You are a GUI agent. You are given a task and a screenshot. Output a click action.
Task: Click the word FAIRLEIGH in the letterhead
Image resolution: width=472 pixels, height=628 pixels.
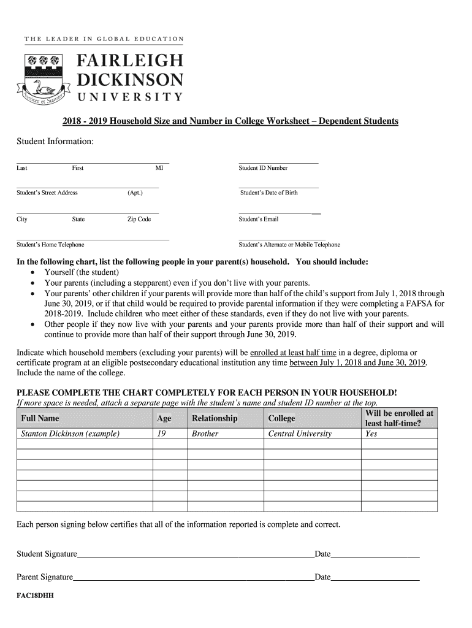[130, 61]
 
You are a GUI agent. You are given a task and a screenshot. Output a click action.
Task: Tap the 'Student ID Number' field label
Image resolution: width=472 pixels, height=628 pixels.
[263, 168]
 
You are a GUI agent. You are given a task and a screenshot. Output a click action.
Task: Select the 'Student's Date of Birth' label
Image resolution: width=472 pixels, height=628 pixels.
[268, 193]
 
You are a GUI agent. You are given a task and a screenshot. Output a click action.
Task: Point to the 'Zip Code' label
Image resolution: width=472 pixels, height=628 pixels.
[139, 220]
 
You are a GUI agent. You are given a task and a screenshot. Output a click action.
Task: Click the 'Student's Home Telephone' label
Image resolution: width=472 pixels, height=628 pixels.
[46, 245]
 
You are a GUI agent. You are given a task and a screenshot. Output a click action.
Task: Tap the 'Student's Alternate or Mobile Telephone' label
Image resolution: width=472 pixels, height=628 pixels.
[289, 245]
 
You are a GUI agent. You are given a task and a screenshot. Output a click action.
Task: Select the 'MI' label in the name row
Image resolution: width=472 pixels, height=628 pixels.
[159, 168]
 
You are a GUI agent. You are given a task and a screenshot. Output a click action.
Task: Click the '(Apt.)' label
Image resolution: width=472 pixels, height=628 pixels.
[135, 193]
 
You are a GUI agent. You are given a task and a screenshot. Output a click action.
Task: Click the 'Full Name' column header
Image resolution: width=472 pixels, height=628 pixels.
[40, 418]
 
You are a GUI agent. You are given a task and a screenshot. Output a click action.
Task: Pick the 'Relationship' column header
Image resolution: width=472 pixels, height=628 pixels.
[215, 418]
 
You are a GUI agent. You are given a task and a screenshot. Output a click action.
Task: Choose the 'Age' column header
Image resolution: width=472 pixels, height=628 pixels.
[164, 418]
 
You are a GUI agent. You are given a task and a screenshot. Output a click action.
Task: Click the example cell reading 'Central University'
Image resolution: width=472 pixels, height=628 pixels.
[300, 434]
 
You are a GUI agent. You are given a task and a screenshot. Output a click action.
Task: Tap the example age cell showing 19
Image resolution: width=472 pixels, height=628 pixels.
[162, 434]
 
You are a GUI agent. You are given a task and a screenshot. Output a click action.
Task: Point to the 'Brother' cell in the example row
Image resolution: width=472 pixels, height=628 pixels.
[205, 434]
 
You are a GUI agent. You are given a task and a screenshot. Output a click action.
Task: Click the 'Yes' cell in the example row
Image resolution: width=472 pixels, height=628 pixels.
[371, 434]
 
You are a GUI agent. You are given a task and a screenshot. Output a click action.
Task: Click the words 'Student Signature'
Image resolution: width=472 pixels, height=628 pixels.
[47, 554]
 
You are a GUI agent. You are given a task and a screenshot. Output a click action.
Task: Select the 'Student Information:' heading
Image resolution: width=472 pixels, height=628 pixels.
[55, 142]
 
